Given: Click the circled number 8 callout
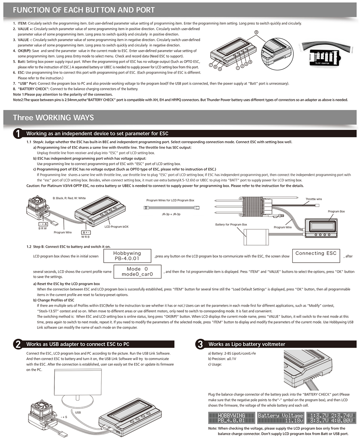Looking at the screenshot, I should click(x=256, y=32).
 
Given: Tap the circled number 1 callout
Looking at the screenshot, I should click(x=238, y=67).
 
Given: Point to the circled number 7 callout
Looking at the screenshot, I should click(x=211, y=65).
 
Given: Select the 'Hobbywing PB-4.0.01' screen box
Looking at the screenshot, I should click(x=127, y=256).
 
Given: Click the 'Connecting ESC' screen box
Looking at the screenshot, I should click(x=316, y=256).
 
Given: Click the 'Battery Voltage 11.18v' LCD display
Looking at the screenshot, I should click(x=280, y=418).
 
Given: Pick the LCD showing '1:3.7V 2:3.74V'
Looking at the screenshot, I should click(x=330, y=418).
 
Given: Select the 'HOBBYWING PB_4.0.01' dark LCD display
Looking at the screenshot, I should click(x=231, y=418).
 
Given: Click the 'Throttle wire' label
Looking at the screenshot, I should click(x=314, y=199).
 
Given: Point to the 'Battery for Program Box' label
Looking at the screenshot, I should click(x=231, y=224).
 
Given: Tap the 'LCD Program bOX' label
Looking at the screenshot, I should click(x=116, y=227).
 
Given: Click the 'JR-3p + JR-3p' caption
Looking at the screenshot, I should click(x=171, y=214).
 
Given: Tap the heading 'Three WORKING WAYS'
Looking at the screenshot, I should click(x=53, y=118).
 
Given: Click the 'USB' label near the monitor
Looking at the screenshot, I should click(x=78, y=413).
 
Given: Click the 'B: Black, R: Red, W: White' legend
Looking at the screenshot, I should click(x=69, y=198).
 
